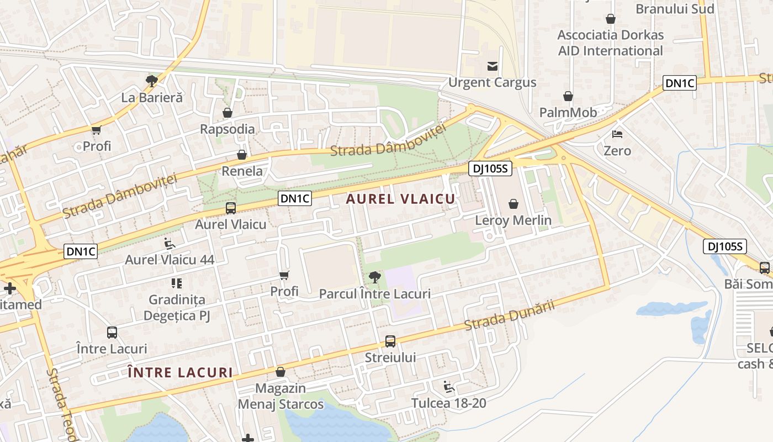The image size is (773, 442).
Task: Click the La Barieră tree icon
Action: [151, 81]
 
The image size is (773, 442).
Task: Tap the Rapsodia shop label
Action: [227, 129]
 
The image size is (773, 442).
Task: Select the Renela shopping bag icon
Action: [242, 155]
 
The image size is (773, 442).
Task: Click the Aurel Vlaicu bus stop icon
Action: [231, 208]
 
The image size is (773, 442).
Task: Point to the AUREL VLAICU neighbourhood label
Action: [401, 199]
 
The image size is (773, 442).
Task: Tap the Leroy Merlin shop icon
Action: [513, 204]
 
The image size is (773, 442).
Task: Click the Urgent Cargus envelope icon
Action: [492, 67]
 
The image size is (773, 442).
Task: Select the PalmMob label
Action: [568, 113]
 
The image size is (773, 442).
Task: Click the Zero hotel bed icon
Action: [617, 134]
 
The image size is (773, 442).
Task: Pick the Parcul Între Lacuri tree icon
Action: [375, 277]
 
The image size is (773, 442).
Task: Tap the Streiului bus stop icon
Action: [390, 341]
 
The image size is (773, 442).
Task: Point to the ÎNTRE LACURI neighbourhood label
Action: [180, 372]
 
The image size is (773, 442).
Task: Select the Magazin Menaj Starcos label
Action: [280, 396]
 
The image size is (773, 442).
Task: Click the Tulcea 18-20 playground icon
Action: [449, 387]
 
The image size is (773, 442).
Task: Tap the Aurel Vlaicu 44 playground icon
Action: [170, 243]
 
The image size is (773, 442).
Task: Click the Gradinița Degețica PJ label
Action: [177, 308]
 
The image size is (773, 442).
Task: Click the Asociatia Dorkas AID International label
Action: [610, 43]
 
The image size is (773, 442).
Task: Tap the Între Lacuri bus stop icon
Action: [112, 333]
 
